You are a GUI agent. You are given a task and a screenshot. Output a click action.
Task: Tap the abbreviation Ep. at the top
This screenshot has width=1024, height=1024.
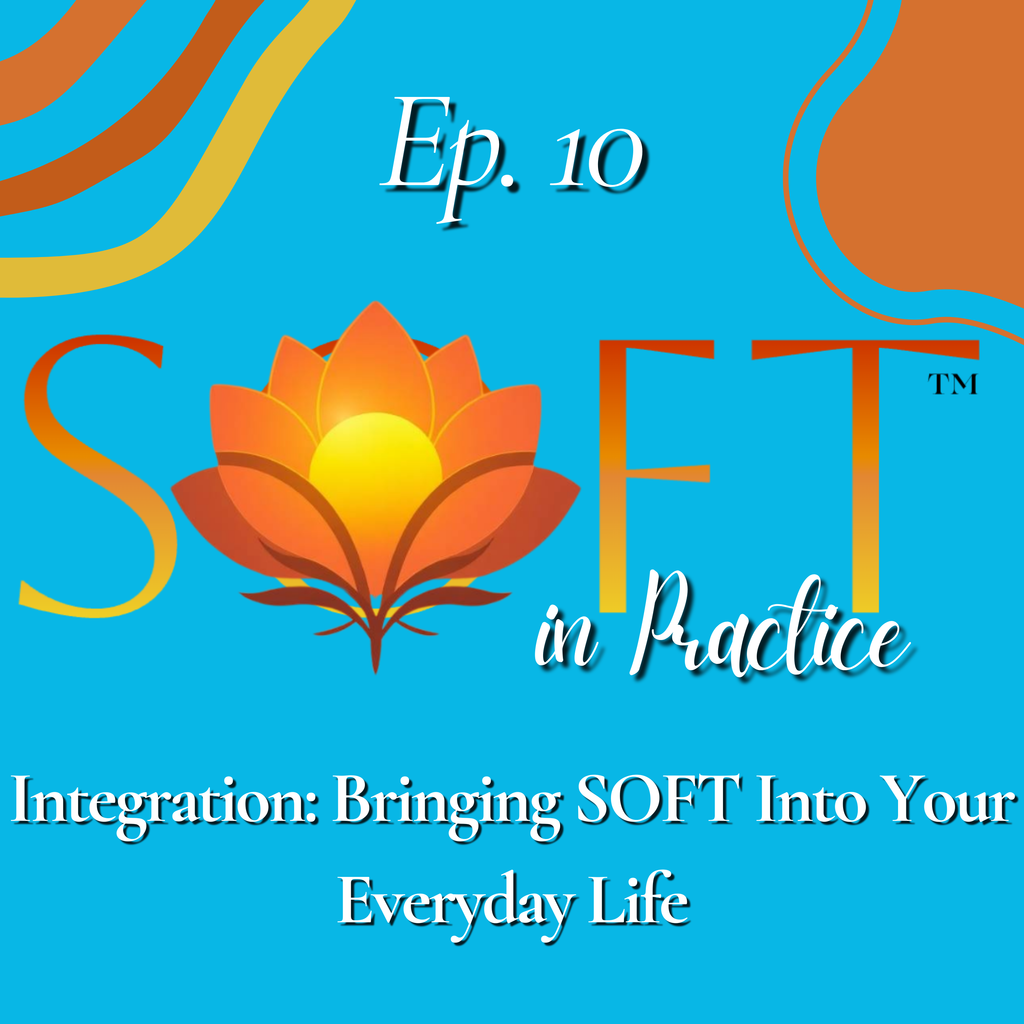(448, 159)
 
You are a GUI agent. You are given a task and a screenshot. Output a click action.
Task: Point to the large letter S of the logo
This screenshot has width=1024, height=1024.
(96, 477)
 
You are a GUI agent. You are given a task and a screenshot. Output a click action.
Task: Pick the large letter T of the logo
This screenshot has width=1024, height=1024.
(864, 477)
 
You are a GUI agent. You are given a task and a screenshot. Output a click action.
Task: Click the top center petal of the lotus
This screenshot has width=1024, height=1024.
(375, 360)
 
